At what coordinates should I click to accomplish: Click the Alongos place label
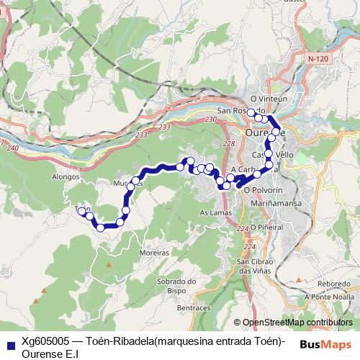coord(66,174)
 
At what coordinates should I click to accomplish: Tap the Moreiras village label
coord(155,253)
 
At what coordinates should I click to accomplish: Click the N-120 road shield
coord(315,58)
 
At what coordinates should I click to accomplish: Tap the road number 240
coord(12,148)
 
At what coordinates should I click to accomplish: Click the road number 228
coord(228,145)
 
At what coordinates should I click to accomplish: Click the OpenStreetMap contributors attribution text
coord(298,322)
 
